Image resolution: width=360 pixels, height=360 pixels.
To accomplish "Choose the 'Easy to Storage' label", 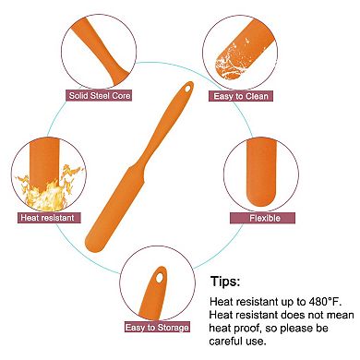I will coord(157,327).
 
